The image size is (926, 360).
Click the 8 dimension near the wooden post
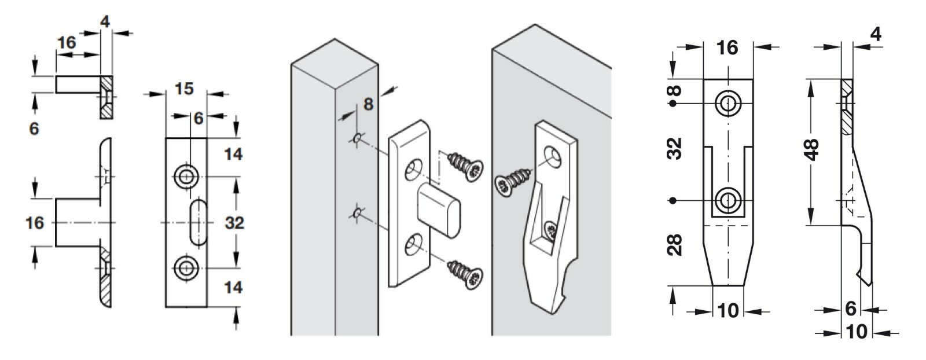pyautogui.click(x=369, y=104)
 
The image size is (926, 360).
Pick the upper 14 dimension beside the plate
pyautogui.click(x=233, y=155)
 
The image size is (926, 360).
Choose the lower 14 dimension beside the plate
pyautogui.click(x=233, y=287)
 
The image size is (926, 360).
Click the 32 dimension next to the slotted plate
pyautogui.click(x=234, y=222)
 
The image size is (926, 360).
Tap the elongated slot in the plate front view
pyautogui.click(x=197, y=222)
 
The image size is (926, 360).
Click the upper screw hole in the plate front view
pyautogui.click(x=186, y=176)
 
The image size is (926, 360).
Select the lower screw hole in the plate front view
pyautogui.click(x=186, y=268)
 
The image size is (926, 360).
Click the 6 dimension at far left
pyautogui.click(x=34, y=128)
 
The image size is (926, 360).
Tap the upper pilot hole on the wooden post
pyautogui.click(x=357, y=138)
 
